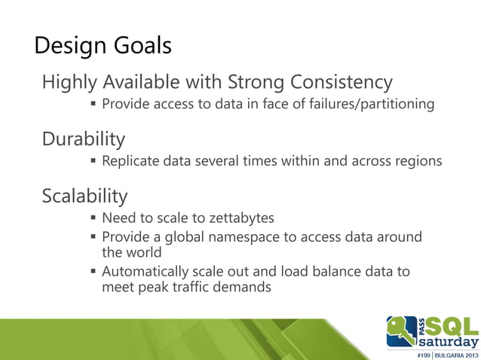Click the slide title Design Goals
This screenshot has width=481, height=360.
point(103,47)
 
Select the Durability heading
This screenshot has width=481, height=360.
point(83,139)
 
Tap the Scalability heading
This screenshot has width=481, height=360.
point(84,197)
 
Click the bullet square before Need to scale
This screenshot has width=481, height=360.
point(94,218)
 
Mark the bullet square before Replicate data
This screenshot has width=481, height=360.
point(94,161)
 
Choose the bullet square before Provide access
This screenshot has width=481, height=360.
point(94,104)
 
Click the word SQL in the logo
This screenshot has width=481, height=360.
point(452,325)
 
